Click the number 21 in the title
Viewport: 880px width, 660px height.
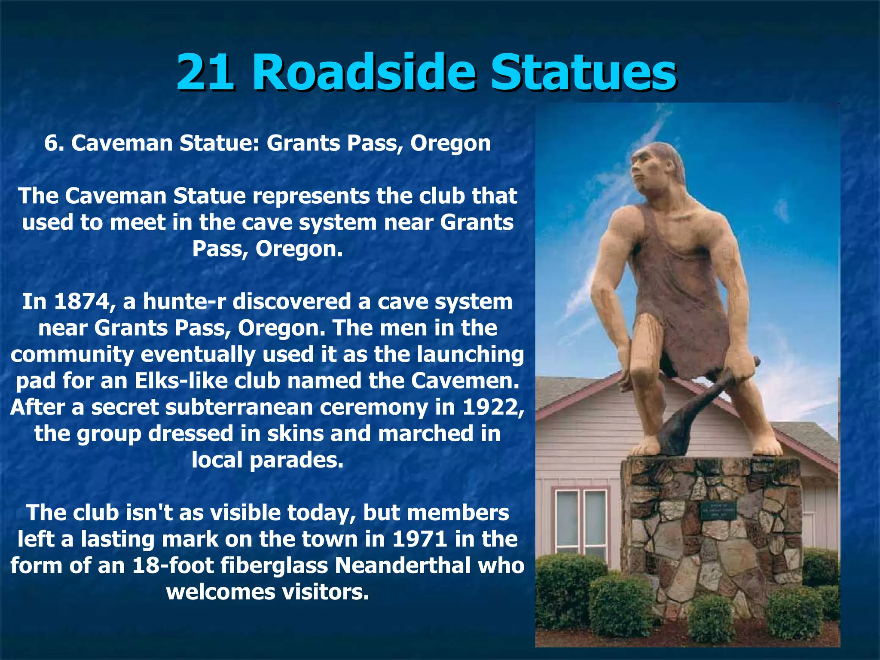coord(205,72)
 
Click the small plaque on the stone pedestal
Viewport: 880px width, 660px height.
coord(718,510)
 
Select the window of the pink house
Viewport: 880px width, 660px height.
coord(580,520)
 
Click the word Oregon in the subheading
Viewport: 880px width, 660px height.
coord(450,143)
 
